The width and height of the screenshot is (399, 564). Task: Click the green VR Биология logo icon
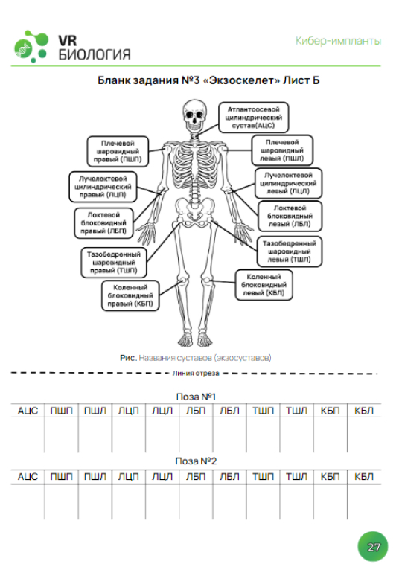point(31,46)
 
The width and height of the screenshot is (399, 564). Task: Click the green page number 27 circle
point(373,547)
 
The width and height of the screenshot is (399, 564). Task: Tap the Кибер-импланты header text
point(338,41)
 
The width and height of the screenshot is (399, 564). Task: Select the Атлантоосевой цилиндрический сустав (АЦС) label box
point(254,118)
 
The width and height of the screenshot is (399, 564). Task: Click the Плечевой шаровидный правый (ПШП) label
point(118,152)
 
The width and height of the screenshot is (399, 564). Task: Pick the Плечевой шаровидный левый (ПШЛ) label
point(282,150)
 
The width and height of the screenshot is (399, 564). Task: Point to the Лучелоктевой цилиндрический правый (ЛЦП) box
point(103,187)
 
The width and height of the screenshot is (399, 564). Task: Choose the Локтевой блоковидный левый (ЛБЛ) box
point(290,216)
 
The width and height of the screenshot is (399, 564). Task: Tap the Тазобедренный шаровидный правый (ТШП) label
point(114,262)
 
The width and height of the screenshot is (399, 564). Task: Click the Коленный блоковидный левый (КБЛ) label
point(264,285)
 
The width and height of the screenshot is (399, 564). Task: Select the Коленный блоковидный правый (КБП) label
point(130,295)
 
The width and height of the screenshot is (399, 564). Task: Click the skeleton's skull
point(194,115)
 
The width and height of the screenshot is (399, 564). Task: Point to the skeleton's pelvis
point(195,213)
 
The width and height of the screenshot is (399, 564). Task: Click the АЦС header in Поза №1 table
point(28,411)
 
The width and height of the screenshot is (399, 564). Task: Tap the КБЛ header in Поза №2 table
point(364,477)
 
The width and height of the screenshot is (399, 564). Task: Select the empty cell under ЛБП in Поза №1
point(196,435)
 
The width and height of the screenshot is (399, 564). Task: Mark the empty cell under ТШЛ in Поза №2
point(296,501)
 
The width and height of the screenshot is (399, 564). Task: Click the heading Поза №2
point(196,461)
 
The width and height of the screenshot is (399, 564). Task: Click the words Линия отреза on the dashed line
point(196,373)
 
